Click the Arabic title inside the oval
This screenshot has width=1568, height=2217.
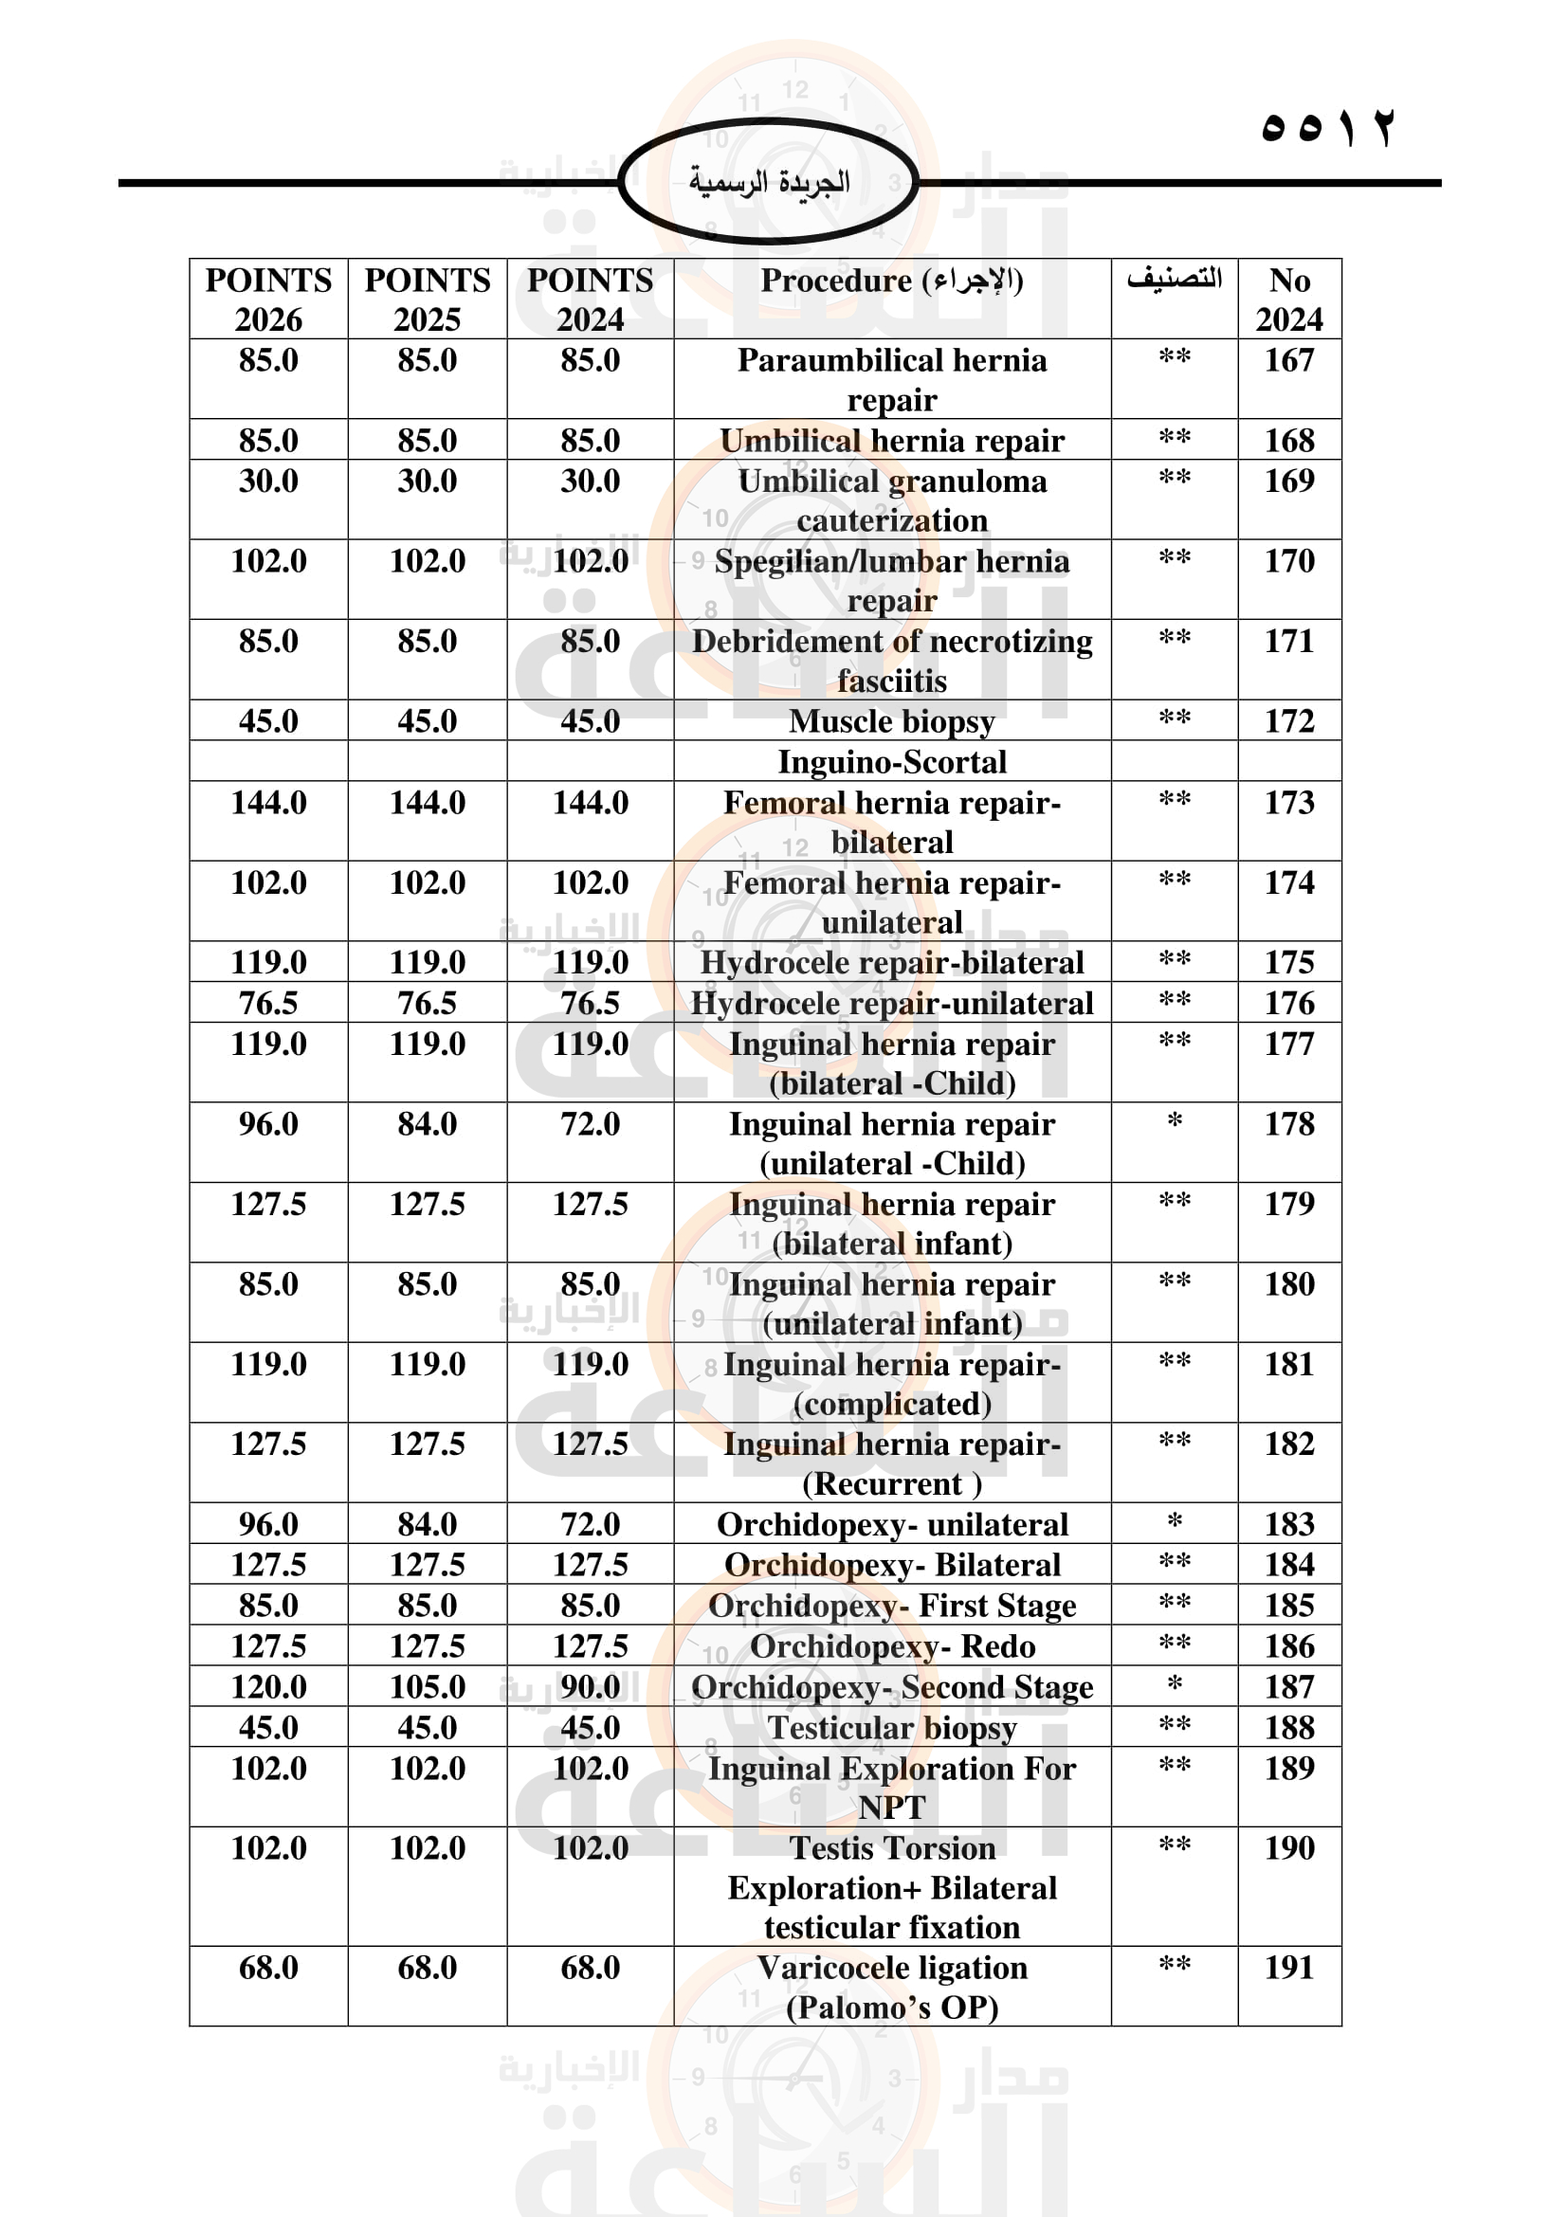click(769, 183)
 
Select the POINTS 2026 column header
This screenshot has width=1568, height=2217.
click(268, 299)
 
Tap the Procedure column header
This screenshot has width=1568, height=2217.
click(891, 281)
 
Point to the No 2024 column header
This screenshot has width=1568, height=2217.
click(1289, 299)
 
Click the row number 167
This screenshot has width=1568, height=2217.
click(1289, 361)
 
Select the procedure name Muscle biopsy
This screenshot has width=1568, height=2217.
click(891, 721)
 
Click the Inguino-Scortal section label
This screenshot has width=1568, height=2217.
click(891, 762)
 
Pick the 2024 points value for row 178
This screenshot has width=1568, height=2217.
click(590, 1124)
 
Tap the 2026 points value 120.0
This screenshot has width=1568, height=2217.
click(268, 1686)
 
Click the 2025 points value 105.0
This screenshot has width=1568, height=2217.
click(427, 1686)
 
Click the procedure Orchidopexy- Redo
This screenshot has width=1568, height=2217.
click(891, 1645)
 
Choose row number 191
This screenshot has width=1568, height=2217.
click(1289, 1967)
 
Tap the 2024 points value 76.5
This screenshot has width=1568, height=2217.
click(590, 1003)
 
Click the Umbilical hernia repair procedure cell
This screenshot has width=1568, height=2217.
click(891, 441)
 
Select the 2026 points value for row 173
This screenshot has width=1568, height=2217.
click(268, 803)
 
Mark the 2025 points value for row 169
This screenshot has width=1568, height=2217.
click(427, 481)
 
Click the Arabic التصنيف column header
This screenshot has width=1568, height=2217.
click(1174, 279)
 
